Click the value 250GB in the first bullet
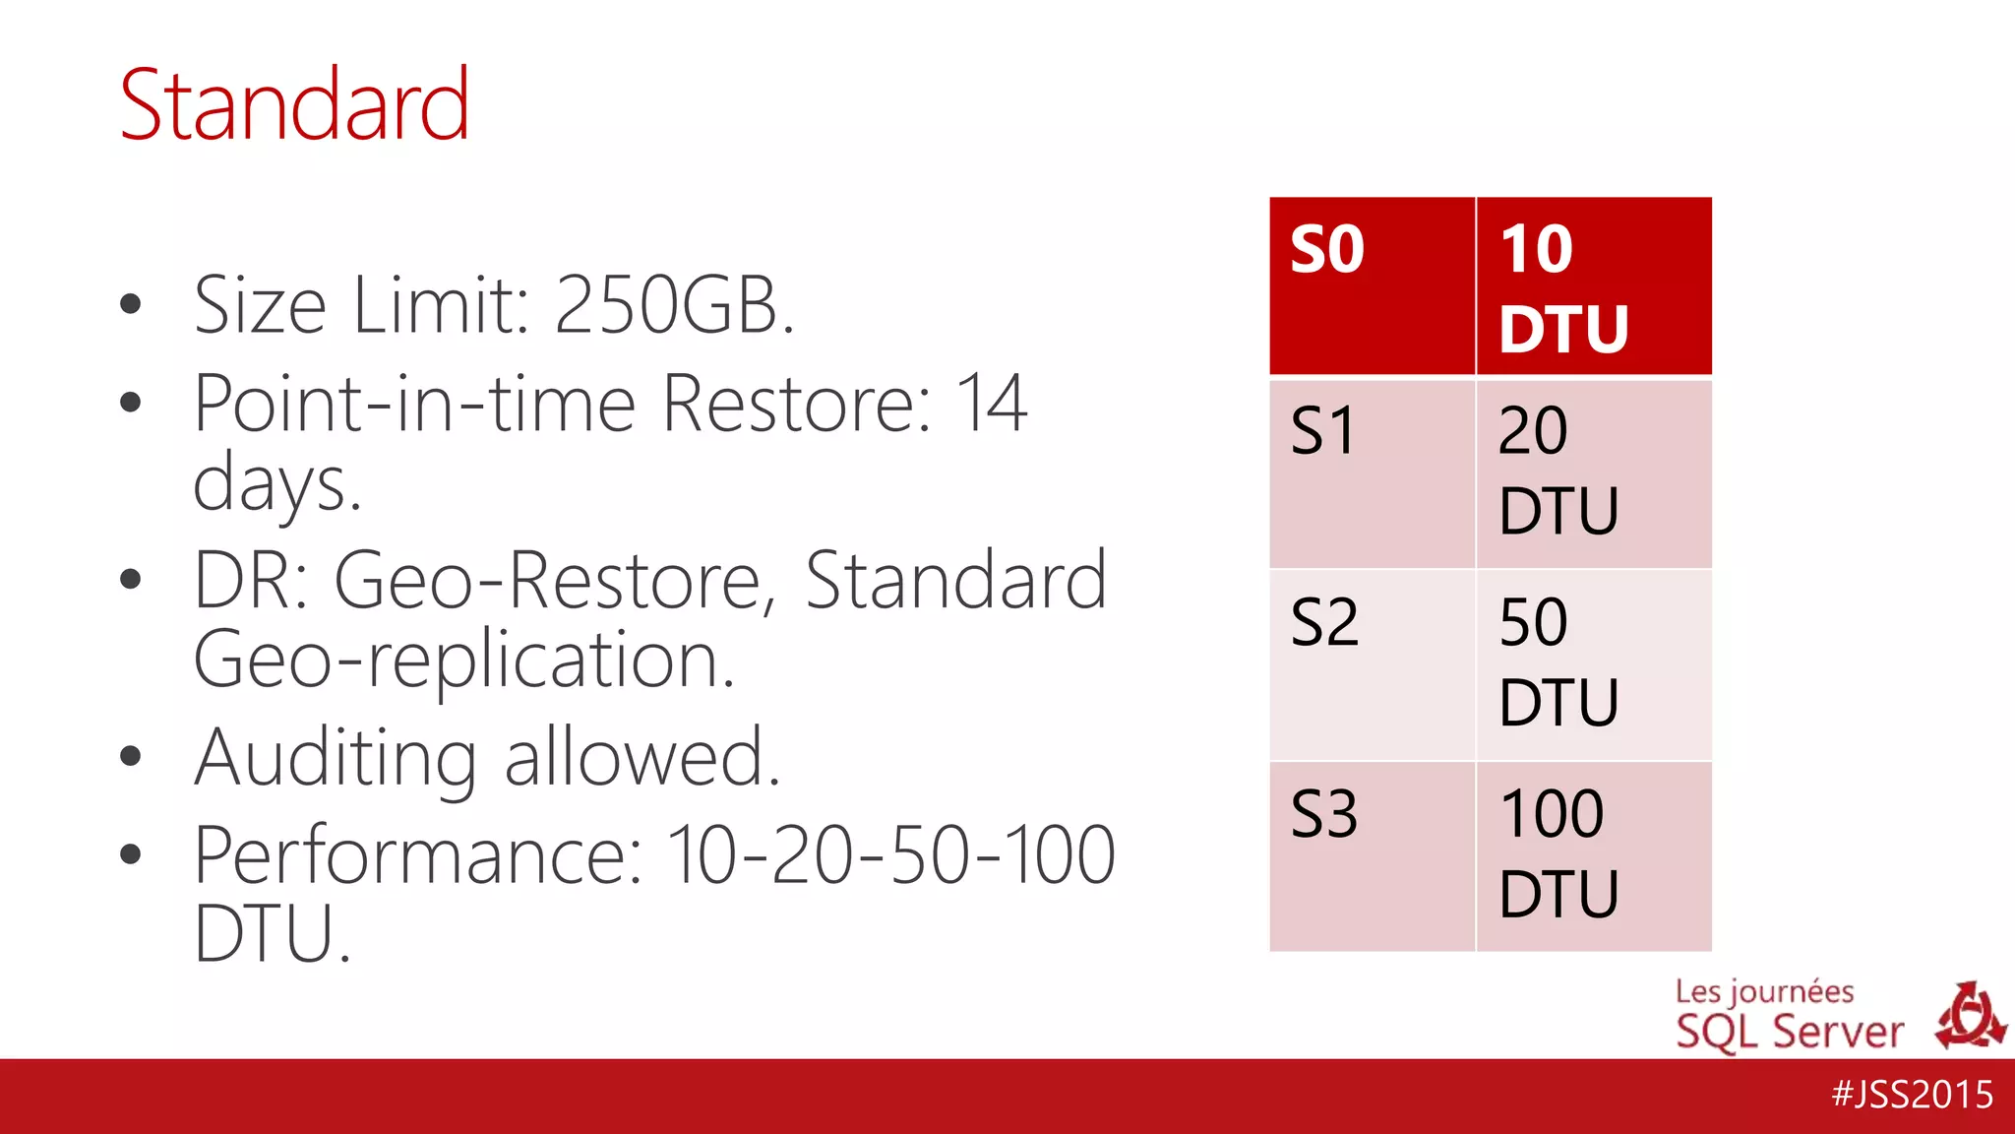(674, 305)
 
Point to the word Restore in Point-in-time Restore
(796, 404)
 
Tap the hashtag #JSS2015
(1913, 1095)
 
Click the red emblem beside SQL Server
(1970, 1016)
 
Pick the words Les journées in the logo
(1764, 991)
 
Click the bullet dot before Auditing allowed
(130, 756)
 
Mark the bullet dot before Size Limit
(130, 304)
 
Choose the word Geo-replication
(463, 660)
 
